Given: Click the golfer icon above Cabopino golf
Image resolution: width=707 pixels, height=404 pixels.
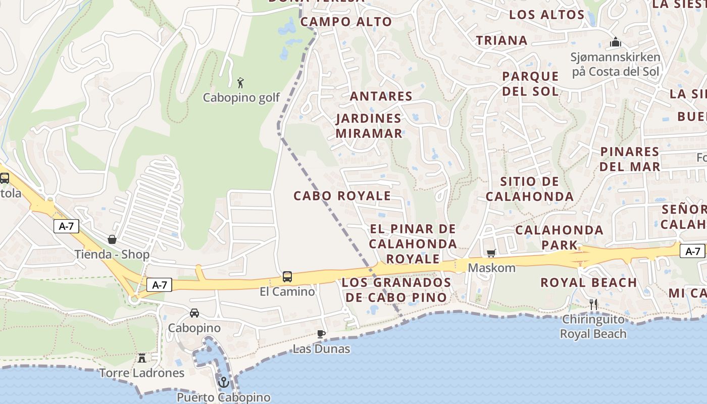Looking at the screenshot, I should (x=241, y=82).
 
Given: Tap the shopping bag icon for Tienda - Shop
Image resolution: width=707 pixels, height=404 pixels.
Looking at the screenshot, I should (x=112, y=239).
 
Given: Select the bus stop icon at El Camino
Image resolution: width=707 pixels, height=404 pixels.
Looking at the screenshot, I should (x=287, y=276).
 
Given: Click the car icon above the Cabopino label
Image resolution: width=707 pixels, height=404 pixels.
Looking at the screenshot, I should (x=194, y=313).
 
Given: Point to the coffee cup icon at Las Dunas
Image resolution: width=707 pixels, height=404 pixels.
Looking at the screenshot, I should (x=321, y=334).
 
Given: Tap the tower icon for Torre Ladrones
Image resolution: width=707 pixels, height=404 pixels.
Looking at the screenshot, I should (x=142, y=358).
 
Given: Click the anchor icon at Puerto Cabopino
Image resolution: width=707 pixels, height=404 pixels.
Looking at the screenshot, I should (x=223, y=382).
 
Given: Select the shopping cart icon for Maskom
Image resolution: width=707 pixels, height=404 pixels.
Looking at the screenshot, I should (x=491, y=253).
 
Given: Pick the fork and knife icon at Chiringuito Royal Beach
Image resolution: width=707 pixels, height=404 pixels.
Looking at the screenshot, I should (x=593, y=304).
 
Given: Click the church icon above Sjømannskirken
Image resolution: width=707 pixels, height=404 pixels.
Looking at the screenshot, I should (x=615, y=42).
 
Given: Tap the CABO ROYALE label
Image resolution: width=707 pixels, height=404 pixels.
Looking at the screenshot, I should (x=342, y=196).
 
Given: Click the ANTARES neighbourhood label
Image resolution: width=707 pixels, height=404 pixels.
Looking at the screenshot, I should (x=381, y=96).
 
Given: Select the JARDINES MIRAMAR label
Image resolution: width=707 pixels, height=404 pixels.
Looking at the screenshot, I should (x=369, y=126).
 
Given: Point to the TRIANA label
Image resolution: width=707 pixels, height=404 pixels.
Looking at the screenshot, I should (x=501, y=40).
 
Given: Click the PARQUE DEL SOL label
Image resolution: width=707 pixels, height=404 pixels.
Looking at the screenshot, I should (x=530, y=84).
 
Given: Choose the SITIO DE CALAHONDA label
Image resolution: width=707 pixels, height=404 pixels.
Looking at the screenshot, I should (x=530, y=189).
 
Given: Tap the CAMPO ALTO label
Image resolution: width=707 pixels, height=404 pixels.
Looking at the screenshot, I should (x=346, y=22).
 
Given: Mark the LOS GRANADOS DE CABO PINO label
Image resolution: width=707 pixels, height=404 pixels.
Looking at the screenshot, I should (x=396, y=290).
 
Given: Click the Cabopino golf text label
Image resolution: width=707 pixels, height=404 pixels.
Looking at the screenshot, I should (x=241, y=97).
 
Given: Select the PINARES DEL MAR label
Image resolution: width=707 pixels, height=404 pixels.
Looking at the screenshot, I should (x=630, y=159).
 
